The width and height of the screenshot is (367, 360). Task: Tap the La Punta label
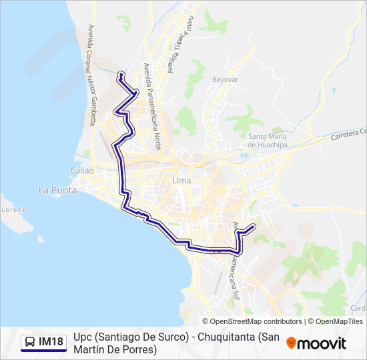(x=57, y=190)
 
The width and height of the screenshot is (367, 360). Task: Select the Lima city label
(x=181, y=181)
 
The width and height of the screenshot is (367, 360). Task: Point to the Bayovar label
(x=225, y=79)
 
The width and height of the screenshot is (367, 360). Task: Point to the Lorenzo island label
(x=15, y=209)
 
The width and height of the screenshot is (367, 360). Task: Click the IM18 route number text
(x=51, y=342)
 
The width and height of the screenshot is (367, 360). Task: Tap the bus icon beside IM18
(x=30, y=342)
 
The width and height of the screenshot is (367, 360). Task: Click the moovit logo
(x=316, y=343)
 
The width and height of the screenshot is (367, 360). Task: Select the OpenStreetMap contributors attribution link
(x=256, y=321)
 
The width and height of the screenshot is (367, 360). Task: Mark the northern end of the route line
(x=119, y=73)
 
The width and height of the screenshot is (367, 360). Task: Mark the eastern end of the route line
(x=254, y=227)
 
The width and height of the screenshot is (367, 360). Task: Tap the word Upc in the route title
(x=84, y=337)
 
